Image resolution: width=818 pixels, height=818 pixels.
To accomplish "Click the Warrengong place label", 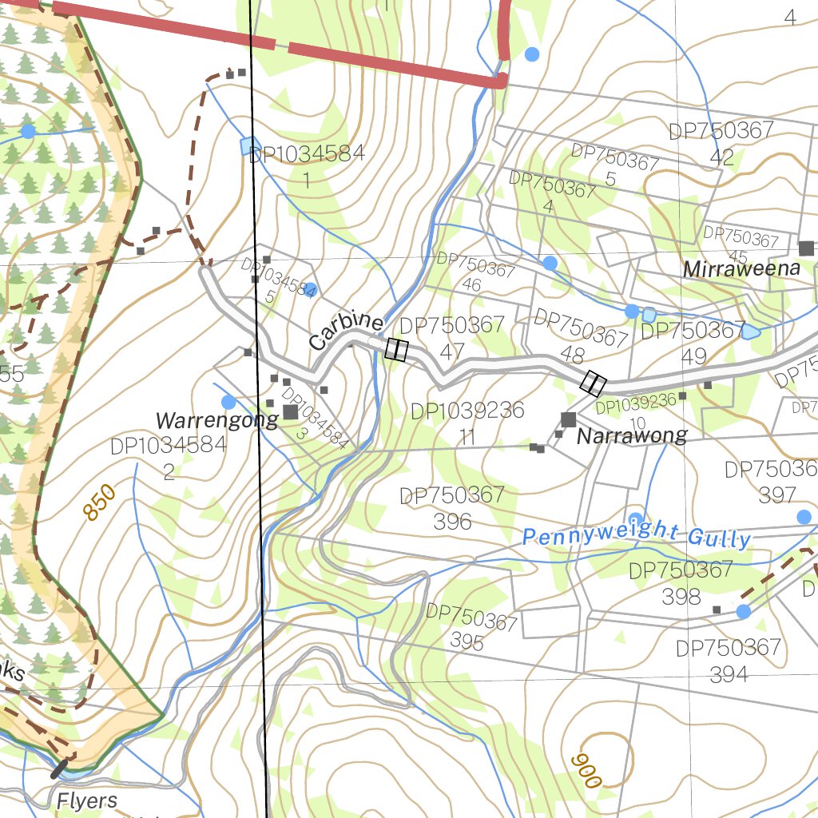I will tap(216, 420).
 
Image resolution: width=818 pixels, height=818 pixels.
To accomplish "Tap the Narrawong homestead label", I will tap(632, 436).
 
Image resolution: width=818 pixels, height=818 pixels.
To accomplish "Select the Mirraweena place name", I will tap(741, 269).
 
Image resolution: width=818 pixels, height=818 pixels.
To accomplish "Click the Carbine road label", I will tap(346, 331).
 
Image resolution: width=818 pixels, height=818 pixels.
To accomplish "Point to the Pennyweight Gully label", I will tap(637, 537).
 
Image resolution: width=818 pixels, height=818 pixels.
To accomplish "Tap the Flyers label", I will tap(86, 800).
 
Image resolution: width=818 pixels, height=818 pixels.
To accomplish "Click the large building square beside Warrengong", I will tap(290, 412).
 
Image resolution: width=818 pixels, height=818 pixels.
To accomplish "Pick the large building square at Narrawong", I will tap(569, 419).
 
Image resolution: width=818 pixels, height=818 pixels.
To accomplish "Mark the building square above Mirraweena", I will tap(806, 248).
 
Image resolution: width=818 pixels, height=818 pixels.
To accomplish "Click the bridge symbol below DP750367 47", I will tap(396, 350).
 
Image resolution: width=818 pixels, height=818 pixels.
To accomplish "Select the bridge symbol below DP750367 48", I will tap(593, 383).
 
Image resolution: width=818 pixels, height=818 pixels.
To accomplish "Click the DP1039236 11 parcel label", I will tap(467, 424).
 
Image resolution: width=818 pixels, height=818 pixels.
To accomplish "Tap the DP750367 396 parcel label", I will tap(452, 508).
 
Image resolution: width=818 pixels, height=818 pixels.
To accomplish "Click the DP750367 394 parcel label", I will tap(729, 661).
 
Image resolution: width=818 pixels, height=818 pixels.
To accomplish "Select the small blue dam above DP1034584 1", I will tap(250, 146).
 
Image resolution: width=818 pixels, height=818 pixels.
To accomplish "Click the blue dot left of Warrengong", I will tap(228, 402).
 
